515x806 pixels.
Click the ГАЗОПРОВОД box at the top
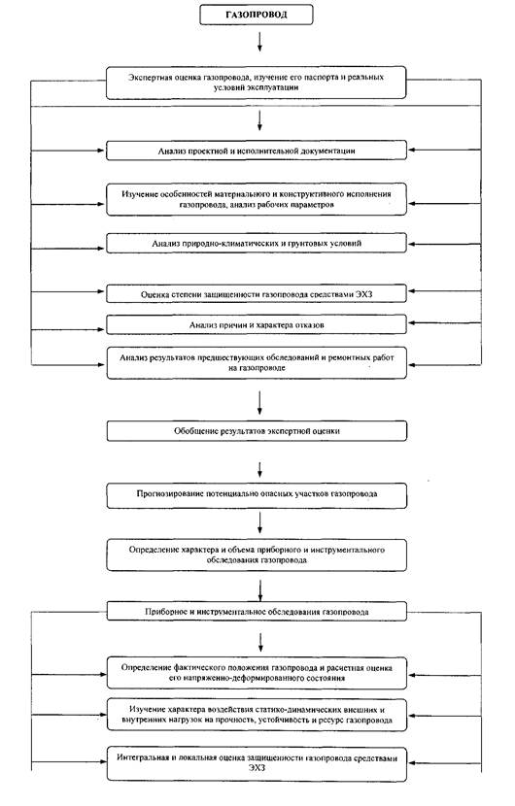pyautogui.click(x=257, y=15)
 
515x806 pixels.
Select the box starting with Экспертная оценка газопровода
pyautogui.click(x=257, y=83)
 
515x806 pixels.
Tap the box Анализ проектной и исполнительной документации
pyautogui.click(x=257, y=151)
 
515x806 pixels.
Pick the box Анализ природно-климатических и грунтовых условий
pyautogui.click(x=257, y=243)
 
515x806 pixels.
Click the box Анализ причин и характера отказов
pyautogui.click(x=257, y=325)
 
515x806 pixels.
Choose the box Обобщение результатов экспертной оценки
pyautogui.click(x=257, y=431)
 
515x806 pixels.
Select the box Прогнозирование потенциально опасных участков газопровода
pyautogui.click(x=257, y=494)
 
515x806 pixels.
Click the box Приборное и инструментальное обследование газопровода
pyautogui.click(x=257, y=612)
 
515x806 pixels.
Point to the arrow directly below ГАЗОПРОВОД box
pyautogui.click(x=259, y=41)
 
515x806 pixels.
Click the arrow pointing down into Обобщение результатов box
pyautogui.click(x=259, y=402)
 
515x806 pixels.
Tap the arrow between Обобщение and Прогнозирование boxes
pyautogui.click(x=259, y=469)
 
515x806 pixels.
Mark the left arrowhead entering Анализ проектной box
pyautogui.click(x=100, y=151)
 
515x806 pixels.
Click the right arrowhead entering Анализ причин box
pyautogui.click(x=413, y=323)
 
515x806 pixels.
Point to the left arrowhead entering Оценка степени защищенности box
pyautogui.click(x=100, y=291)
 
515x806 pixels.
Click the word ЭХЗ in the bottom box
pyautogui.click(x=257, y=768)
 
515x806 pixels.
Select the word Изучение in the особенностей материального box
pyautogui.click(x=137, y=194)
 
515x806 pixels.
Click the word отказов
pyautogui.click(x=309, y=325)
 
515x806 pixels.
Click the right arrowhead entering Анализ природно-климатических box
pyautogui.click(x=413, y=243)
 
